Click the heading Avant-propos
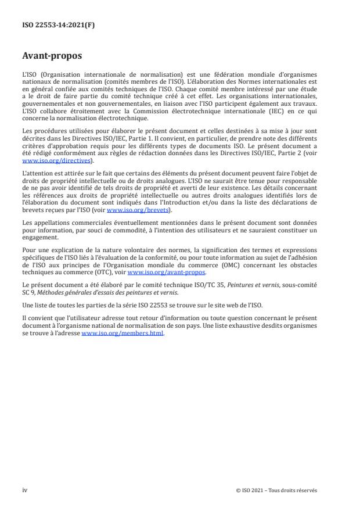pos(52,57)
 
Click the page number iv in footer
pos(24,490)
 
